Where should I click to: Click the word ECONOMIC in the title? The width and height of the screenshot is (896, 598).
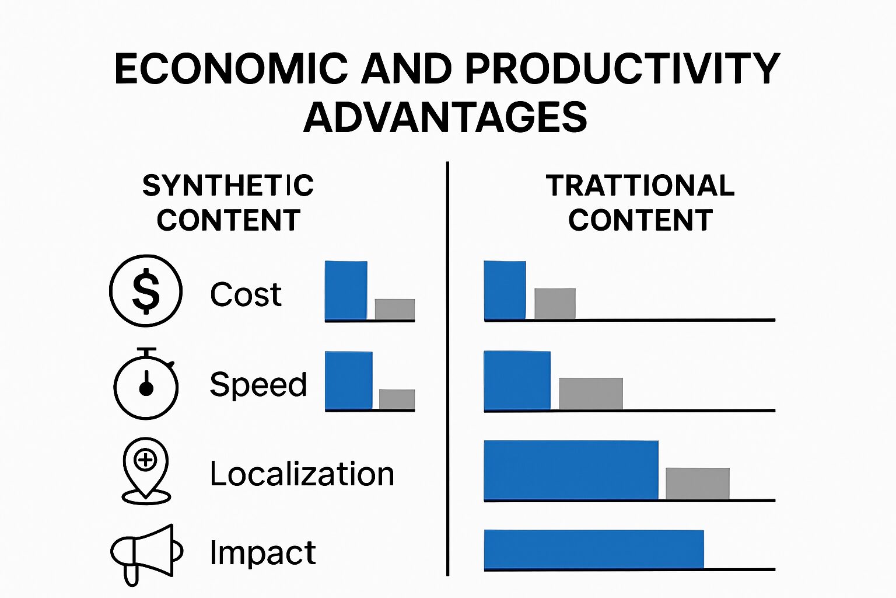click(231, 69)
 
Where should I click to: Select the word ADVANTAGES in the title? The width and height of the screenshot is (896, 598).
click(445, 117)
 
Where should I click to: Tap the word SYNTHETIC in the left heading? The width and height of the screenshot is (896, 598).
click(228, 186)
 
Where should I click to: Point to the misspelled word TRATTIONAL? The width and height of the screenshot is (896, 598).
click(640, 186)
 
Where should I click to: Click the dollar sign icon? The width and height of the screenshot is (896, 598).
click(146, 291)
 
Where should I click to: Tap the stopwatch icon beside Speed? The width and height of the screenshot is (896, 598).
click(146, 383)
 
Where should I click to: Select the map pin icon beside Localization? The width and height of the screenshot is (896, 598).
click(146, 471)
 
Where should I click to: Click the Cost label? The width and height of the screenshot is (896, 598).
click(246, 294)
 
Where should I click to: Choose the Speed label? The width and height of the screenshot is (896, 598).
click(258, 384)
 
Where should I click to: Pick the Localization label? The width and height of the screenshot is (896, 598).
click(302, 474)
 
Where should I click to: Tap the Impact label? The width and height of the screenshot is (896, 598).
click(263, 552)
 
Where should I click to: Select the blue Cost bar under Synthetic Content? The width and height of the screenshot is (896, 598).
click(346, 290)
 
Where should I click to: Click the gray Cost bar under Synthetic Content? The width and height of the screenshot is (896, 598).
click(395, 309)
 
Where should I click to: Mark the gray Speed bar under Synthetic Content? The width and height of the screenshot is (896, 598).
click(397, 399)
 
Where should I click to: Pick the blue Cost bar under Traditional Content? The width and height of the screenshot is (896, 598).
click(505, 290)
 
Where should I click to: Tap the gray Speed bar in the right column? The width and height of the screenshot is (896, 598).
click(591, 394)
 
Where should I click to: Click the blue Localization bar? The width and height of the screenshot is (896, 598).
click(571, 470)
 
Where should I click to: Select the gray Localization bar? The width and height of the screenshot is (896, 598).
click(698, 484)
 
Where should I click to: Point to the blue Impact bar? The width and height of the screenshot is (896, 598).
click(594, 549)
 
